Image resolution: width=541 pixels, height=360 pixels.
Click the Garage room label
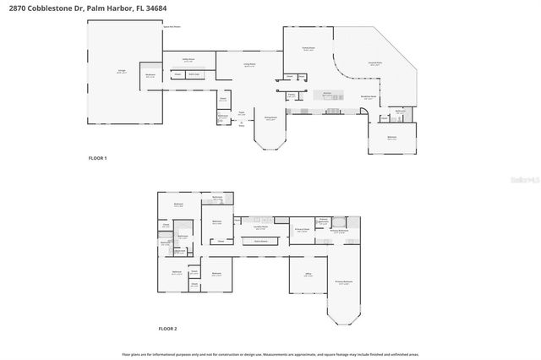[121, 72]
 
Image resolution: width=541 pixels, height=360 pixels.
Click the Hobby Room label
[189, 59]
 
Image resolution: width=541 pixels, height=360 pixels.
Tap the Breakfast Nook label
[369, 97]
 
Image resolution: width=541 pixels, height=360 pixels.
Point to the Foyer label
[241, 112]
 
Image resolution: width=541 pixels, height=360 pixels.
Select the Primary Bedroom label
[342, 281]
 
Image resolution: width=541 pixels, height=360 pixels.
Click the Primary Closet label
[300, 229]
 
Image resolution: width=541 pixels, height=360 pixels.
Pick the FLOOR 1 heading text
[98, 158]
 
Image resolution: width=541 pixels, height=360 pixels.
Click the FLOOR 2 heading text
[167, 328]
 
